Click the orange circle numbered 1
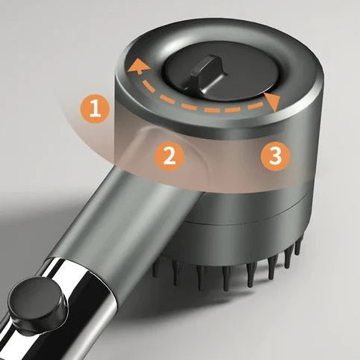click(95, 109)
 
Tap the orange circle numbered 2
click(170, 157)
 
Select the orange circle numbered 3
click(276, 156)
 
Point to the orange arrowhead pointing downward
click(273, 103)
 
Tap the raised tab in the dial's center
click(206, 73)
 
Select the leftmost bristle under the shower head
click(154, 272)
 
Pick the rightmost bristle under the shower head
click(298, 247)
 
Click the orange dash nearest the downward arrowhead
click(254, 107)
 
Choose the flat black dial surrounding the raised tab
click(219, 75)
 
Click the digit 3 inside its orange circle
click(276, 156)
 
